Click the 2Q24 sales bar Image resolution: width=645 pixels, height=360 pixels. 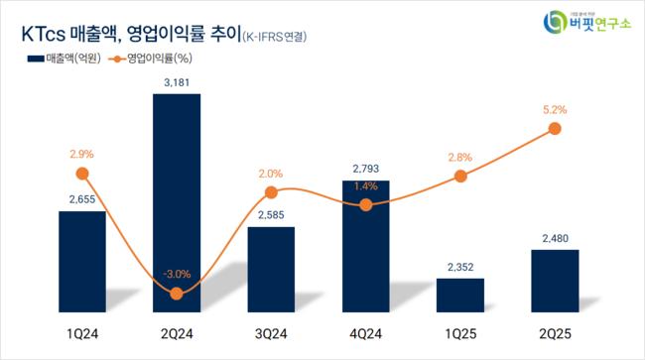point(177,198)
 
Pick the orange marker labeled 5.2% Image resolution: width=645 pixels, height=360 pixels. point(555,129)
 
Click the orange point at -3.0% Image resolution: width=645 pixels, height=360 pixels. point(177,293)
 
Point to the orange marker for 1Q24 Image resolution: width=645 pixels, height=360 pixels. point(82,174)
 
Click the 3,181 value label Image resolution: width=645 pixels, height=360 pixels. point(177,81)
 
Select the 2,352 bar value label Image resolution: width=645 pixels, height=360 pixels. point(460,265)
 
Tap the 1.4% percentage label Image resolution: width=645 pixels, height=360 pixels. point(366,185)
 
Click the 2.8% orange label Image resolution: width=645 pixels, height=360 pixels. point(460,156)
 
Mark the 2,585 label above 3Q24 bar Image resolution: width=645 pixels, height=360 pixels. point(271,213)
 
